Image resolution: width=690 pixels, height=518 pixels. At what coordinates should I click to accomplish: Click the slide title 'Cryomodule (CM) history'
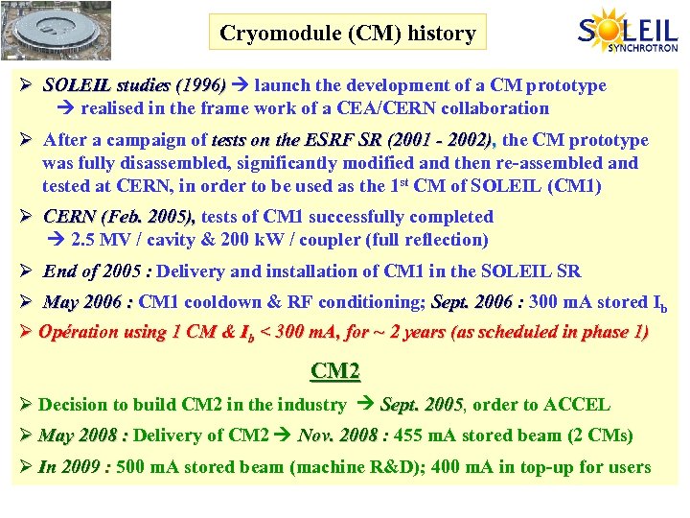pyautogui.click(x=347, y=34)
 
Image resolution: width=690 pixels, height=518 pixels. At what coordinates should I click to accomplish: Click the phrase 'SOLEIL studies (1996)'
pyautogui.click(x=133, y=86)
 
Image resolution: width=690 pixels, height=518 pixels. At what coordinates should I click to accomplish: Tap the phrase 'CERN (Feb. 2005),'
pyautogui.click(x=120, y=217)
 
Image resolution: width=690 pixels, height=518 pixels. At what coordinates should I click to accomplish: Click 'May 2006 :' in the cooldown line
pyautogui.click(x=88, y=302)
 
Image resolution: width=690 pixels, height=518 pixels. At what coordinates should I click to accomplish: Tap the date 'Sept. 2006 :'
pyautogui.click(x=477, y=302)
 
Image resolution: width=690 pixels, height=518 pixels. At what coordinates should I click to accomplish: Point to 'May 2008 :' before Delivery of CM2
pyautogui.click(x=82, y=436)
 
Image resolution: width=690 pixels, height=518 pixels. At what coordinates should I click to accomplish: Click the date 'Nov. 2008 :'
pyautogui.click(x=343, y=436)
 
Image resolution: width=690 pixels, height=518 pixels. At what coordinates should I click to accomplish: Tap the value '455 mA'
pyautogui.click(x=425, y=436)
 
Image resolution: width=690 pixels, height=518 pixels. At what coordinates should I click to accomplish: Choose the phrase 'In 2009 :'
pyautogui.click(x=75, y=467)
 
